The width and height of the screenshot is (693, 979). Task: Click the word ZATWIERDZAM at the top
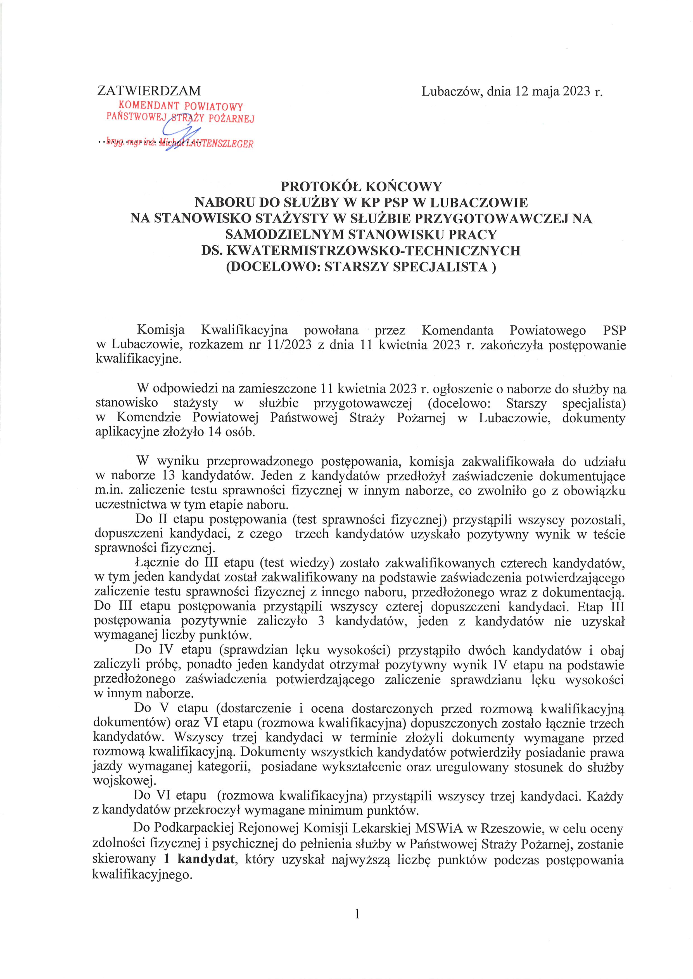149,91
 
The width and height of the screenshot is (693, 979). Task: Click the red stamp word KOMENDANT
149,105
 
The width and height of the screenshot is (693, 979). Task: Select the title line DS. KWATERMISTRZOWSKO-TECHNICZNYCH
361,250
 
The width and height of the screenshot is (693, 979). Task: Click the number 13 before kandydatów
169,475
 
